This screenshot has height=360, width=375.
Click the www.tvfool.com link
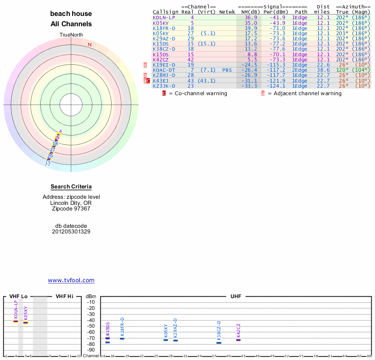pyautogui.click(x=71, y=280)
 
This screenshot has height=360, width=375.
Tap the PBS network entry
pyautogui.click(x=227, y=70)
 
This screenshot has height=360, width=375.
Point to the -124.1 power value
pyautogui.click(x=276, y=86)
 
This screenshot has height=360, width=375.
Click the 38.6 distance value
pyautogui.click(x=323, y=70)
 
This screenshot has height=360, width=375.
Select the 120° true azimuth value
pyautogui.click(x=342, y=70)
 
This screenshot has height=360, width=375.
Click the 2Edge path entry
pyautogui.click(x=300, y=70)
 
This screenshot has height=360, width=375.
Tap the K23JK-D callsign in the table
pyautogui.click(x=164, y=86)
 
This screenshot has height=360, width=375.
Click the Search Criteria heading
pyautogui.click(x=71, y=187)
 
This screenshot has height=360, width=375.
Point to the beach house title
pyautogui.click(x=71, y=14)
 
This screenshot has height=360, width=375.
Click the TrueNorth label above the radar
pyautogui.click(x=71, y=35)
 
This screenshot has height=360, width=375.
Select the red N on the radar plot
pyautogui.click(x=90, y=45)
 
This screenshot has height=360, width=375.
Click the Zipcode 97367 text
pyautogui.click(x=71, y=209)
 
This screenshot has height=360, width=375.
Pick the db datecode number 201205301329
pyautogui.click(x=71, y=232)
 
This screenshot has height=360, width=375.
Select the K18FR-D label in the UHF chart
pyautogui.click(x=122, y=326)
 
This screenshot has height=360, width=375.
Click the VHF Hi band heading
pyautogui.click(x=65, y=296)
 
